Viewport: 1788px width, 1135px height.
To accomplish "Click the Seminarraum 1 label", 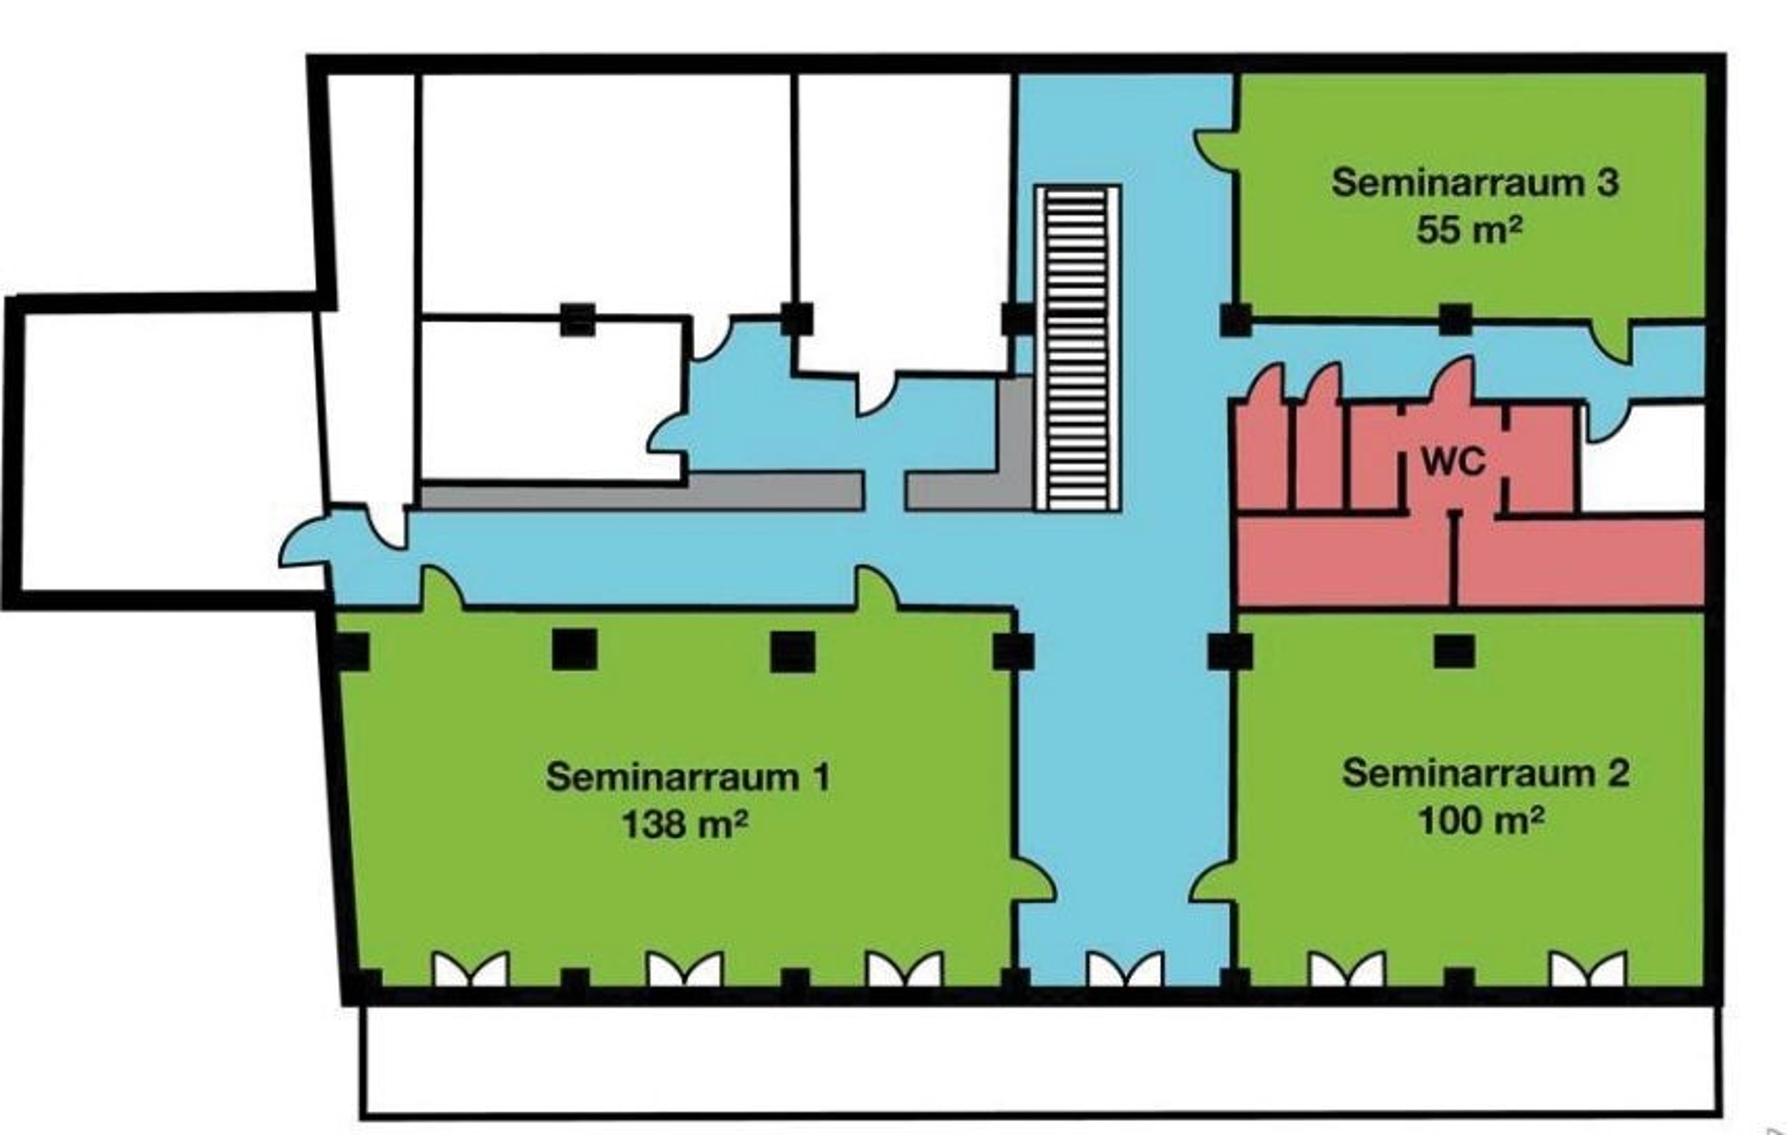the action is (x=688, y=777).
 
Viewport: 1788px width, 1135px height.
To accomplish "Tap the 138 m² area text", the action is (x=684, y=824).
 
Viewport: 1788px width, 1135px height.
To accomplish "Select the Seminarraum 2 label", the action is (x=1486, y=773).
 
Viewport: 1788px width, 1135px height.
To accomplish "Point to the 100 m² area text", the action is (x=1481, y=819).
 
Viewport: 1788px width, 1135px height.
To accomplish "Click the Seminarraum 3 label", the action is (x=1475, y=182).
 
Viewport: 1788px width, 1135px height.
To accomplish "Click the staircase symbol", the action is (x=1077, y=349).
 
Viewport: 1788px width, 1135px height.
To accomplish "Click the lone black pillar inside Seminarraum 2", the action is (x=1454, y=652).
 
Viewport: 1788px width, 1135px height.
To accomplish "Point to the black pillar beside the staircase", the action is (x=1016, y=319).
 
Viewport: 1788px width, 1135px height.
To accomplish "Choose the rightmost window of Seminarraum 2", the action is (x=1587, y=969).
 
